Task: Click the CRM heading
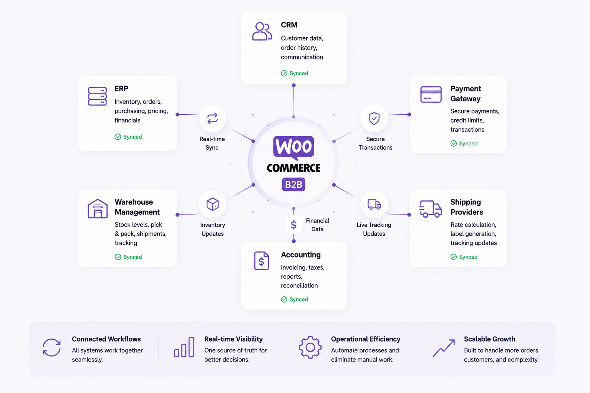click(x=289, y=25)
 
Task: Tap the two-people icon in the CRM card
click(x=262, y=31)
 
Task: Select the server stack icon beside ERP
click(x=97, y=96)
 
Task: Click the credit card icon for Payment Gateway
click(x=431, y=94)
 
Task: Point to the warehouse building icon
click(x=98, y=208)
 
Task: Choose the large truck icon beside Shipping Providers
click(x=430, y=209)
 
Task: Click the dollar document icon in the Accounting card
click(x=262, y=261)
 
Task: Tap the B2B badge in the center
click(x=294, y=185)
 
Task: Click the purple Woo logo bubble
click(x=294, y=148)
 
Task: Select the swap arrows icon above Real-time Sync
click(x=212, y=118)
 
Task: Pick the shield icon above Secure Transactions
click(x=374, y=118)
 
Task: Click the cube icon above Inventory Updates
click(x=212, y=204)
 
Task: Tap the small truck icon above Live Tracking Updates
click(x=374, y=204)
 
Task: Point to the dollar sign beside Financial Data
click(x=294, y=225)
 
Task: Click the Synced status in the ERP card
click(x=128, y=137)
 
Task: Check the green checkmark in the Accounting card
click(x=284, y=299)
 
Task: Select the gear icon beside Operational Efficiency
click(x=310, y=347)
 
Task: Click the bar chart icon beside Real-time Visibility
click(x=184, y=347)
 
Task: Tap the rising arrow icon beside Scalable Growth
click(x=444, y=348)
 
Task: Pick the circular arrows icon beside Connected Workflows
click(x=51, y=347)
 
